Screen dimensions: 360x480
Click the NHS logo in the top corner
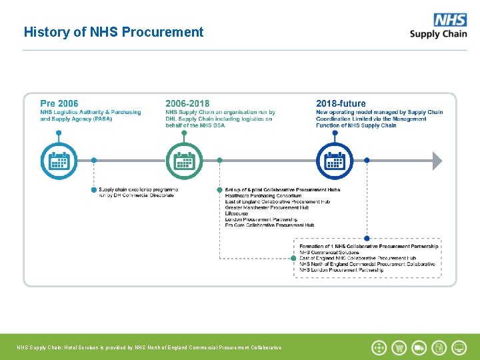coord(450,20)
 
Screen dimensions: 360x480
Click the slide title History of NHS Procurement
coord(113,32)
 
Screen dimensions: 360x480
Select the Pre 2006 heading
coord(59,103)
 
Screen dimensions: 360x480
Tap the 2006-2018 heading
coord(187,103)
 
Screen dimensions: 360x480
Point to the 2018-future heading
coord(341,103)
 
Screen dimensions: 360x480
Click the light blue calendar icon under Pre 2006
coord(59,161)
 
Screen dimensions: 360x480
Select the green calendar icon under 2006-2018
coord(185,161)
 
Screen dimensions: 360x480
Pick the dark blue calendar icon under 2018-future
coord(335,161)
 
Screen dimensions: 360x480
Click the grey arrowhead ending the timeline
coord(437,161)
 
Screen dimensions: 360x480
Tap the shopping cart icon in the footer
coord(399,347)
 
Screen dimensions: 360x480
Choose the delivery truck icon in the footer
coord(419,347)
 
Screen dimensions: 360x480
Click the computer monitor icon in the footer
coord(459,347)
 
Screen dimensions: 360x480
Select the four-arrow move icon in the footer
coord(379,347)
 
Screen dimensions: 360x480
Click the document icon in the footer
coord(439,347)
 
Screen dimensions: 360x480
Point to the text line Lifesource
coord(237,213)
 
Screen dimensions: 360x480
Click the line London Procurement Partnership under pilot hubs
coord(261,219)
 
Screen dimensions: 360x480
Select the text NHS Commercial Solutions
coord(329,252)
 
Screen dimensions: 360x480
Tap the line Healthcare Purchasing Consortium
coord(263,196)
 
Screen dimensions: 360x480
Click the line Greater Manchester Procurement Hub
coord(267,207)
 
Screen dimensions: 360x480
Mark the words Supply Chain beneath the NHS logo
coord(438,33)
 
